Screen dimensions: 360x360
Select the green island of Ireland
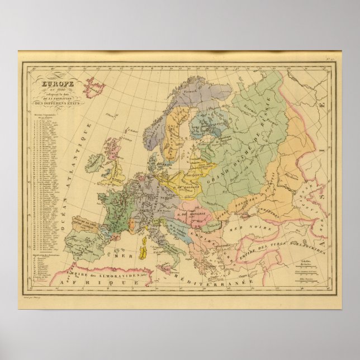(94, 163)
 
